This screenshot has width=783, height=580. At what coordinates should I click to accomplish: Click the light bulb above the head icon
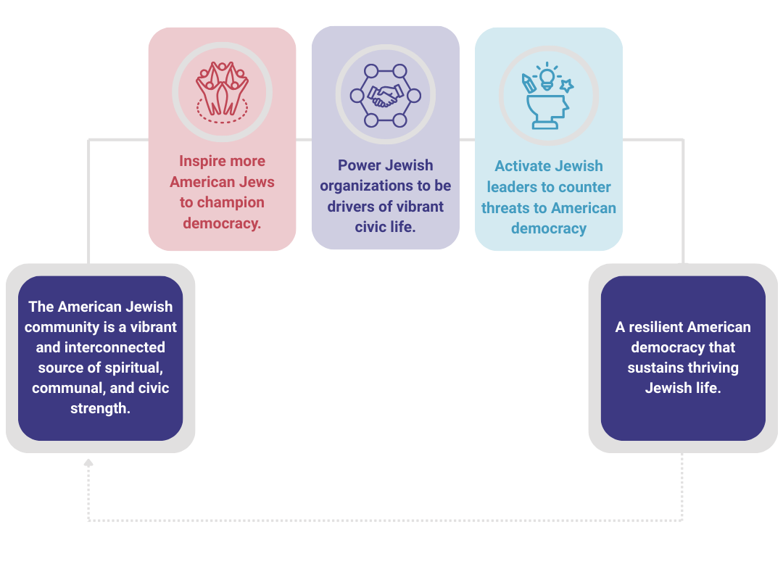547,77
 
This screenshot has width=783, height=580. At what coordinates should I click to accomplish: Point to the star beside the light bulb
566,85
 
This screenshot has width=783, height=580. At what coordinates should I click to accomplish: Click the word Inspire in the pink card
202,161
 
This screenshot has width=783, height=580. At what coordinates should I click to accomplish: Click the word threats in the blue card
505,207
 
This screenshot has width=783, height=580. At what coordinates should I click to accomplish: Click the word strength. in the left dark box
100,408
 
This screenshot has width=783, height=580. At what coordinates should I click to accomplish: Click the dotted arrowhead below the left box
88,462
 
